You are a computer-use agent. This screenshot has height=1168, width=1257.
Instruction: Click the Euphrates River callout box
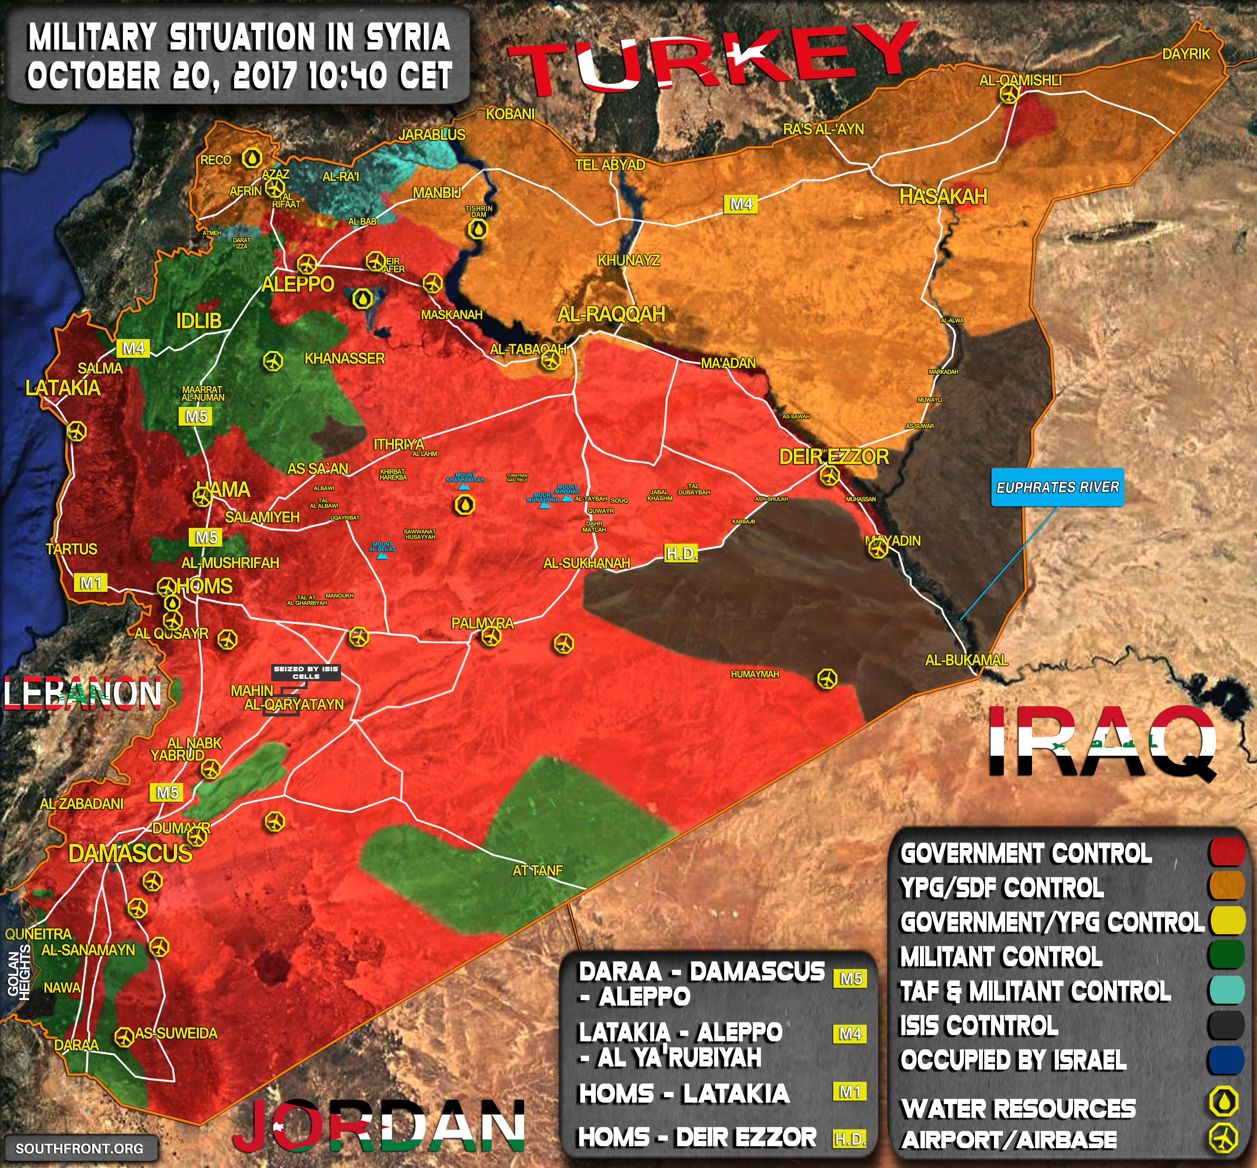coord(1057,487)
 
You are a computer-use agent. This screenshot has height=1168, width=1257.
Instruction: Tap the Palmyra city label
coord(482,623)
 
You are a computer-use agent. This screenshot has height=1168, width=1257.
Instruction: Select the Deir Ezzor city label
coord(834,456)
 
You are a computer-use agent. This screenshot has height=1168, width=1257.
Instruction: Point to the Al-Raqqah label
coord(611,314)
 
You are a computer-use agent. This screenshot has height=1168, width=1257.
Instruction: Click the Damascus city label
coord(130,853)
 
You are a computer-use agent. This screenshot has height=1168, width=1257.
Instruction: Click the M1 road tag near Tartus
coord(91,582)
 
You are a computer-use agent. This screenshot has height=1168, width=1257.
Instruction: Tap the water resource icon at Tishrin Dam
coord(478,230)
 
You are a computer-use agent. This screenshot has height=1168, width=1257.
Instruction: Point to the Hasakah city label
coord(943,197)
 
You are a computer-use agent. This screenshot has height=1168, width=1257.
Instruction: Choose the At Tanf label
coord(537,870)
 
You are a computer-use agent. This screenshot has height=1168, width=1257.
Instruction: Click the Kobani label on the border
coord(510,114)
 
